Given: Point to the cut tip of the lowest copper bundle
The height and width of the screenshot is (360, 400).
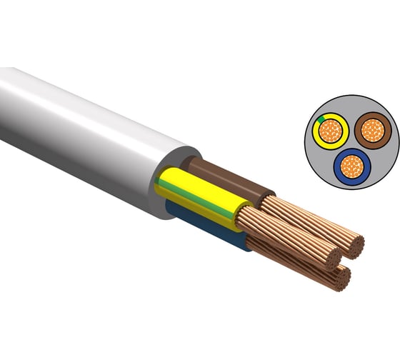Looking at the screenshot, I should (x=344, y=279).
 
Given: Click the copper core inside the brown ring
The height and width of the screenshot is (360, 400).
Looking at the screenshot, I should (x=371, y=130).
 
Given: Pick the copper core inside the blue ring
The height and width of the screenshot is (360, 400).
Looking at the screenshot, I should (x=349, y=166).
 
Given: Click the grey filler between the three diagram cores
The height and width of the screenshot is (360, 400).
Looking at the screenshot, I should (x=349, y=143).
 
